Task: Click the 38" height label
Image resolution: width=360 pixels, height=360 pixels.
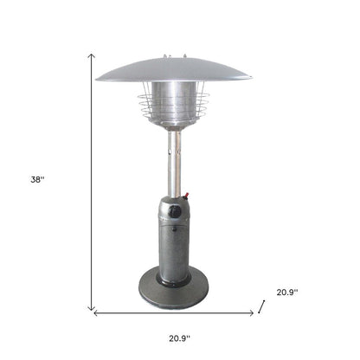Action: [x=37, y=179]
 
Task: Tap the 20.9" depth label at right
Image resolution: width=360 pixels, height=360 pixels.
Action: [x=286, y=292]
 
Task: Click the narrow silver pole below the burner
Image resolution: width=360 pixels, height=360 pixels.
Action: [x=174, y=164]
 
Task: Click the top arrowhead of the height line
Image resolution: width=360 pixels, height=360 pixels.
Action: [x=92, y=55]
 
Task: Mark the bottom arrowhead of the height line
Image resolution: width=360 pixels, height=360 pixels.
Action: [x=92, y=308]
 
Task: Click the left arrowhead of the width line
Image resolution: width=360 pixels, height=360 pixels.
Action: [x=95, y=312]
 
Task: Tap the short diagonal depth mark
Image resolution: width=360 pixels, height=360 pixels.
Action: [x=263, y=304]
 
